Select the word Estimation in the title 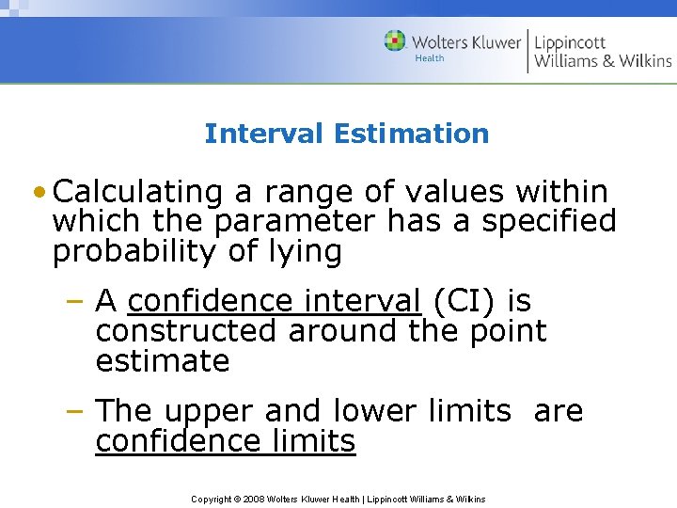pos(411,134)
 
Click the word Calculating pos(138,192)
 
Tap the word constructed pos(187,331)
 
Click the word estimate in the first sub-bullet pos(163,361)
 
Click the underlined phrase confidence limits pos(226,441)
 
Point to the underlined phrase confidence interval pos(274,301)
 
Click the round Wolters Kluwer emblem pos(395,40)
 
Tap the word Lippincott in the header pos(570,41)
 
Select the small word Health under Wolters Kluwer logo pos(429,58)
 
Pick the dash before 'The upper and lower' pos(79,411)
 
